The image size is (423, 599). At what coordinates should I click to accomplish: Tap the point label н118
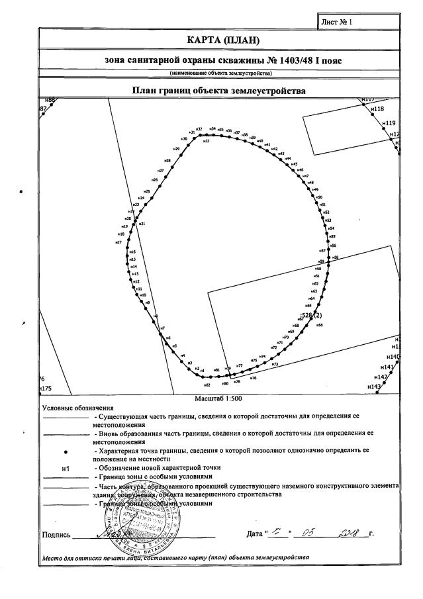(377, 109)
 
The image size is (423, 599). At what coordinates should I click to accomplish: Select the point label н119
(389, 123)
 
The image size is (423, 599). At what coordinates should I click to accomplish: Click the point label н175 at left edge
(46, 389)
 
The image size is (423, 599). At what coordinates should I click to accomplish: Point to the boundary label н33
(207, 141)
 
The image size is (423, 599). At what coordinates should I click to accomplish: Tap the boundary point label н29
(177, 149)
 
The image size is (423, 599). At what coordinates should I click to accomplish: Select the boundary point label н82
(207, 385)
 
